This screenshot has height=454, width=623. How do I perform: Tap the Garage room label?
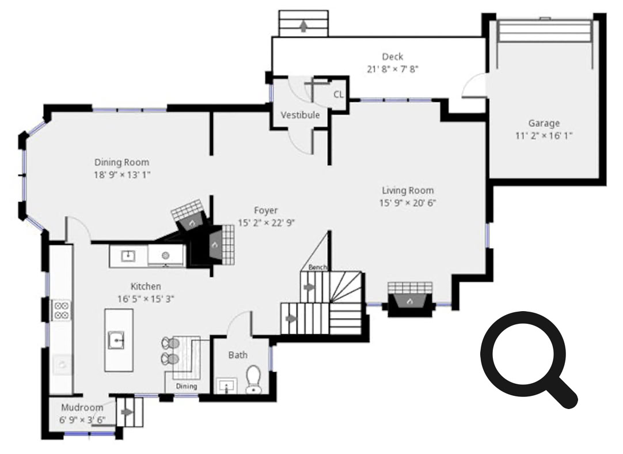[x=544, y=123]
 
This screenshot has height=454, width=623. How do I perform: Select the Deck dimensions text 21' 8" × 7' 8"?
[x=393, y=69]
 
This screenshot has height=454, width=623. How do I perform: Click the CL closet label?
[x=339, y=94]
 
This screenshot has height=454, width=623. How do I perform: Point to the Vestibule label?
[x=300, y=115]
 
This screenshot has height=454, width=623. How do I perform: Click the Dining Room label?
[x=121, y=162]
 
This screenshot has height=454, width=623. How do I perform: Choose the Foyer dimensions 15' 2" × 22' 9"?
[x=266, y=222]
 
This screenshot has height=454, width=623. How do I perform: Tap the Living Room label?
[x=408, y=191]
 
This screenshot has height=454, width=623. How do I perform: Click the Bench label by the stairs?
[x=317, y=267]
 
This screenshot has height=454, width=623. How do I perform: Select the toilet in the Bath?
[x=253, y=379]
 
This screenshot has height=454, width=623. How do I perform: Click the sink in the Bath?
[x=226, y=385]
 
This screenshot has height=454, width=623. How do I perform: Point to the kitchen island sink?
[x=116, y=340]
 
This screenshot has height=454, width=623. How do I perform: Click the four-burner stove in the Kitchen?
[x=62, y=310]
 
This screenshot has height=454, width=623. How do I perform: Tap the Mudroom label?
[x=82, y=407]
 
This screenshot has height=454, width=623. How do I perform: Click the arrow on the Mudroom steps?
[x=127, y=413]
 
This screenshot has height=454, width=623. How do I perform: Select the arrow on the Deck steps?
[x=303, y=27]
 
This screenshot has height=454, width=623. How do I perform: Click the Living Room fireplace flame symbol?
[x=409, y=302]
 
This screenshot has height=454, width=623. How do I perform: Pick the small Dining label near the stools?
[x=187, y=386]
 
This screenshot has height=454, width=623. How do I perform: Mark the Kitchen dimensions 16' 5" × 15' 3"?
[x=146, y=299]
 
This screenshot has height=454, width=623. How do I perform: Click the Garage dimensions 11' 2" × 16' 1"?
[x=544, y=136]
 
